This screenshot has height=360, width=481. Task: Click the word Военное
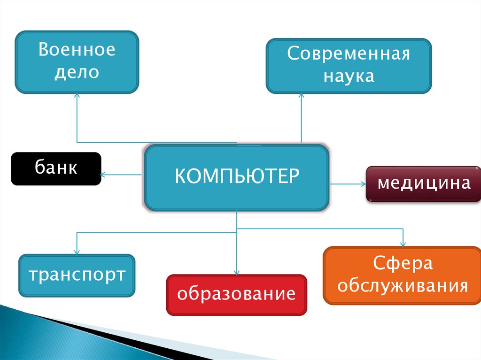(77, 50)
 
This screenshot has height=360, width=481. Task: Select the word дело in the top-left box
(77, 73)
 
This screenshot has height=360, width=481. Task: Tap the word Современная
(349, 54)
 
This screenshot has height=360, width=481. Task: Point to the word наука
(349, 76)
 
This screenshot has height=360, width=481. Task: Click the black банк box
(56, 169)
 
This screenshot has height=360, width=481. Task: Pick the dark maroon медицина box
(424, 183)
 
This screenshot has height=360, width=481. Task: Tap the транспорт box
(77, 275)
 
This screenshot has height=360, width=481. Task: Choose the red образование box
(236, 294)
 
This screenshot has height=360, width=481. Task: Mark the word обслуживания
(403, 285)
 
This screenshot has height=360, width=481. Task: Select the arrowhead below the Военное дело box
(77, 95)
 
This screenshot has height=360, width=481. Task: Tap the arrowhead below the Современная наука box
(301, 95)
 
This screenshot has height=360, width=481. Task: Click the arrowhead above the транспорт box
(77, 252)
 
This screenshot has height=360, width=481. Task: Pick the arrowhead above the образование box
(237, 273)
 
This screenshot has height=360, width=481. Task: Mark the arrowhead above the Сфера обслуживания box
(403, 244)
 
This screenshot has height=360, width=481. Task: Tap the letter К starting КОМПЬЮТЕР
(180, 176)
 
